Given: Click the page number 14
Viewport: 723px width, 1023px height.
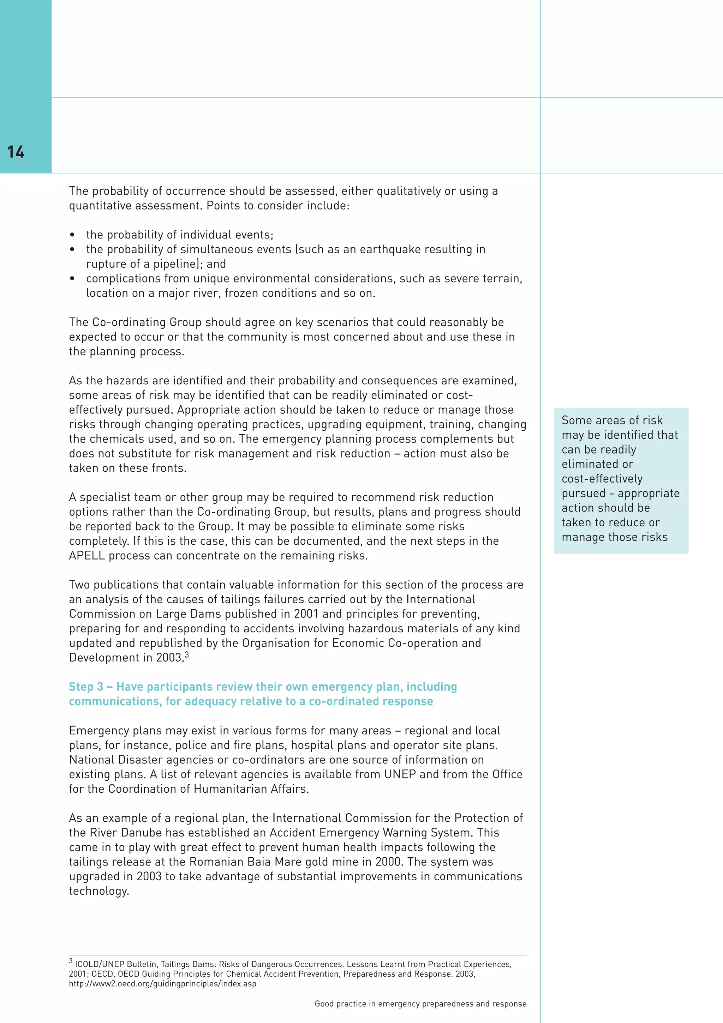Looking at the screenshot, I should pos(16,152).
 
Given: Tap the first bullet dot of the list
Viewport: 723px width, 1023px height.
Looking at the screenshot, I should pos(72,235).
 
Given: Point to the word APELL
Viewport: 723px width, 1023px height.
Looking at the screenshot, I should pos(87,556).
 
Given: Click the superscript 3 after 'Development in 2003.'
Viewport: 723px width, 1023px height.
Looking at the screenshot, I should pos(187,655).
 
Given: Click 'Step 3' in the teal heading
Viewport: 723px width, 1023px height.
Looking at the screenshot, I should pos(86,687).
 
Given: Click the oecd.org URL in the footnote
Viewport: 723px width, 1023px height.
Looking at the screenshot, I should pos(162,983).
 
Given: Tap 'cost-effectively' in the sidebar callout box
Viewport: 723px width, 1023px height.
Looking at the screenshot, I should pos(602,479).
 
